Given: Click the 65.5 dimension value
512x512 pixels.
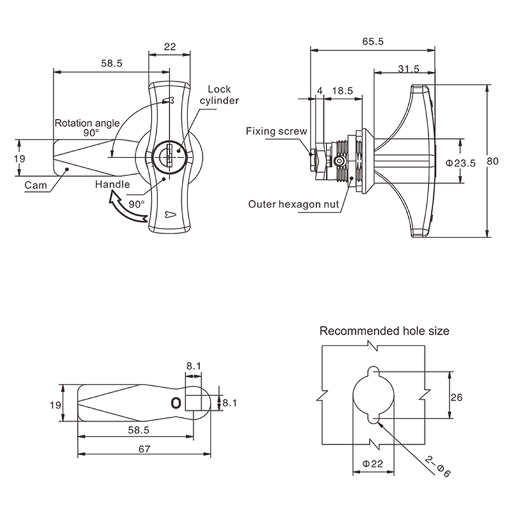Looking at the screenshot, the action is click(x=372, y=42).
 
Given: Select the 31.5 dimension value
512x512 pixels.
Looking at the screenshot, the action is click(x=408, y=69).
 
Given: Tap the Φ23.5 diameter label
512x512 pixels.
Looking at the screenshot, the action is click(x=461, y=163).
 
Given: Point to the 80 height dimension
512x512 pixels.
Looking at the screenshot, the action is click(x=492, y=161).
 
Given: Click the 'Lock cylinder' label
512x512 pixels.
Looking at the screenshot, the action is click(x=220, y=95).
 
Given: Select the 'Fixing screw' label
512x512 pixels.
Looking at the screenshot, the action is click(x=276, y=131).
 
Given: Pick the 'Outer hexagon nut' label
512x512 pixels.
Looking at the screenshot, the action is click(x=294, y=204).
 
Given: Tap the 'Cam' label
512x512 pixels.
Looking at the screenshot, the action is click(x=36, y=185).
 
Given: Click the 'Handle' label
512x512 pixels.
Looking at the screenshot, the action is click(x=113, y=184).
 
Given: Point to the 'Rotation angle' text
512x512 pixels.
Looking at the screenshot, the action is click(x=87, y=123).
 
